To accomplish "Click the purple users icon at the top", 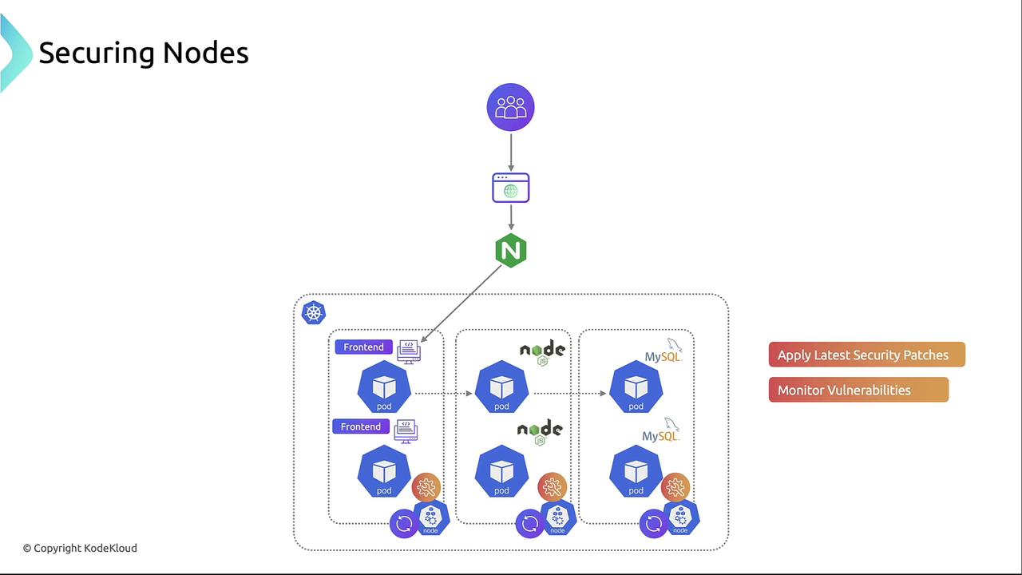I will coord(510,107).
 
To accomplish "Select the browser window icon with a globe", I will coord(510,188).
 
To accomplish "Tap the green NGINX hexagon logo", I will coord(511,251).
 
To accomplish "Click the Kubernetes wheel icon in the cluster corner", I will coord(314,312).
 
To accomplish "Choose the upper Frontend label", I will coord(363,347).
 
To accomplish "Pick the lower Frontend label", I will coord(360,426).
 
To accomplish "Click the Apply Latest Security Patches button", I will coord(866,355).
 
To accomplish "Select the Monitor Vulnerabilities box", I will coord(858,390).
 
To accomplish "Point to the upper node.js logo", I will coord(542,351).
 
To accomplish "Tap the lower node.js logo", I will coord(540,432).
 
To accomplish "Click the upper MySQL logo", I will coord(664,352).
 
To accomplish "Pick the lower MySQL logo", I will coord(661,432).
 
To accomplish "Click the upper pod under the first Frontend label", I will coord(384,387).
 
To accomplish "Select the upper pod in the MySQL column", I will coord(636,387).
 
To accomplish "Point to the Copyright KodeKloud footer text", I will coord(80,548).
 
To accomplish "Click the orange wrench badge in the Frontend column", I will coord(426,486).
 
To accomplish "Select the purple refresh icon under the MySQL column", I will coord(654,524).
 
